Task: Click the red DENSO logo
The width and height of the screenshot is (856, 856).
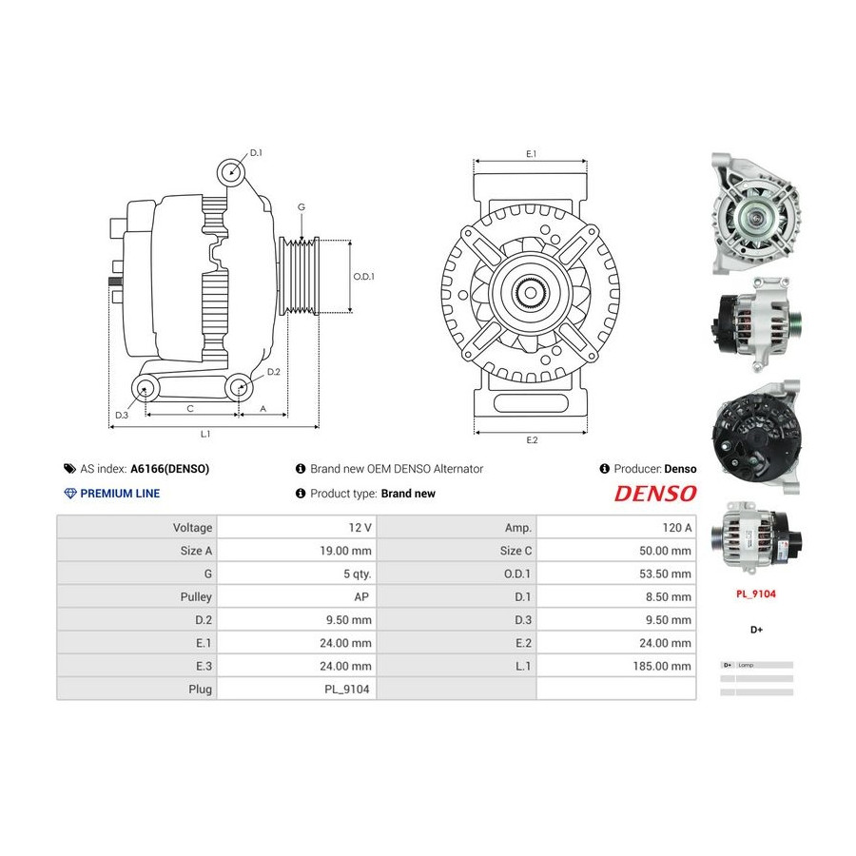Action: point(655,494)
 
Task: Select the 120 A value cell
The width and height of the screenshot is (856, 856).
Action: point(676,527)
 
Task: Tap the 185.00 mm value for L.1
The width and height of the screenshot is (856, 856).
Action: point(662,666)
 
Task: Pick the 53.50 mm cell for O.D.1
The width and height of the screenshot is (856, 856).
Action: point(665,574)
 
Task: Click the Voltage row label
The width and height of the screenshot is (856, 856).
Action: point(192,527)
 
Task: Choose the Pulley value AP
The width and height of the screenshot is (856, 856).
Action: point(361,596)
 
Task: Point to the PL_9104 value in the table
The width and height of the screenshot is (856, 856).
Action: point(346,689)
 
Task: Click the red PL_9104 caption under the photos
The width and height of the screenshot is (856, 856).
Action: point(755,593)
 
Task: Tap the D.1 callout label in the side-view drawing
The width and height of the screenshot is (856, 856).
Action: point(256,153)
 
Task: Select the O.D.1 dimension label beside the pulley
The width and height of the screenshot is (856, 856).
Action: point(363,276)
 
